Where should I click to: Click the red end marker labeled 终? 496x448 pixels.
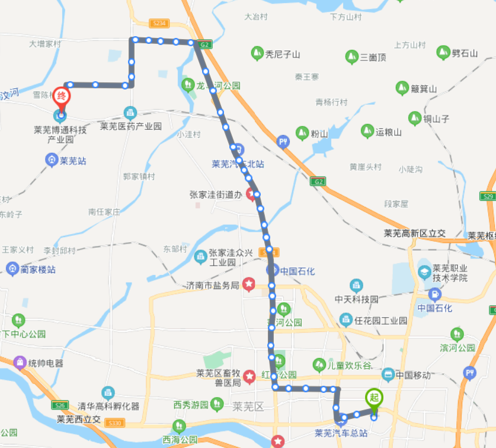tap(60, 96)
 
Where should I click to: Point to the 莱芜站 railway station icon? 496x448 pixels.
tap(52, 159)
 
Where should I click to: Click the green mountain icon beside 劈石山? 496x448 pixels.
tap(443, 53)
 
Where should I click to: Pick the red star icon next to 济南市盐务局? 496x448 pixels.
tap(249, 285)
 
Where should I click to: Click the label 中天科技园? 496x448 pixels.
tap(356, 299)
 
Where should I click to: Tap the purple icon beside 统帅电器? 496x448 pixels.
tap(20, 362)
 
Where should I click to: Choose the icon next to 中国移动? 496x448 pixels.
tap(388, 374)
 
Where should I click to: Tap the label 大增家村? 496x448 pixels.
tap(45, 43)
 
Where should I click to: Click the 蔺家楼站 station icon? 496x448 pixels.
tap(12, 269)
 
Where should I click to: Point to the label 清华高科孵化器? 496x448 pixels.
tap(108, 406)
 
